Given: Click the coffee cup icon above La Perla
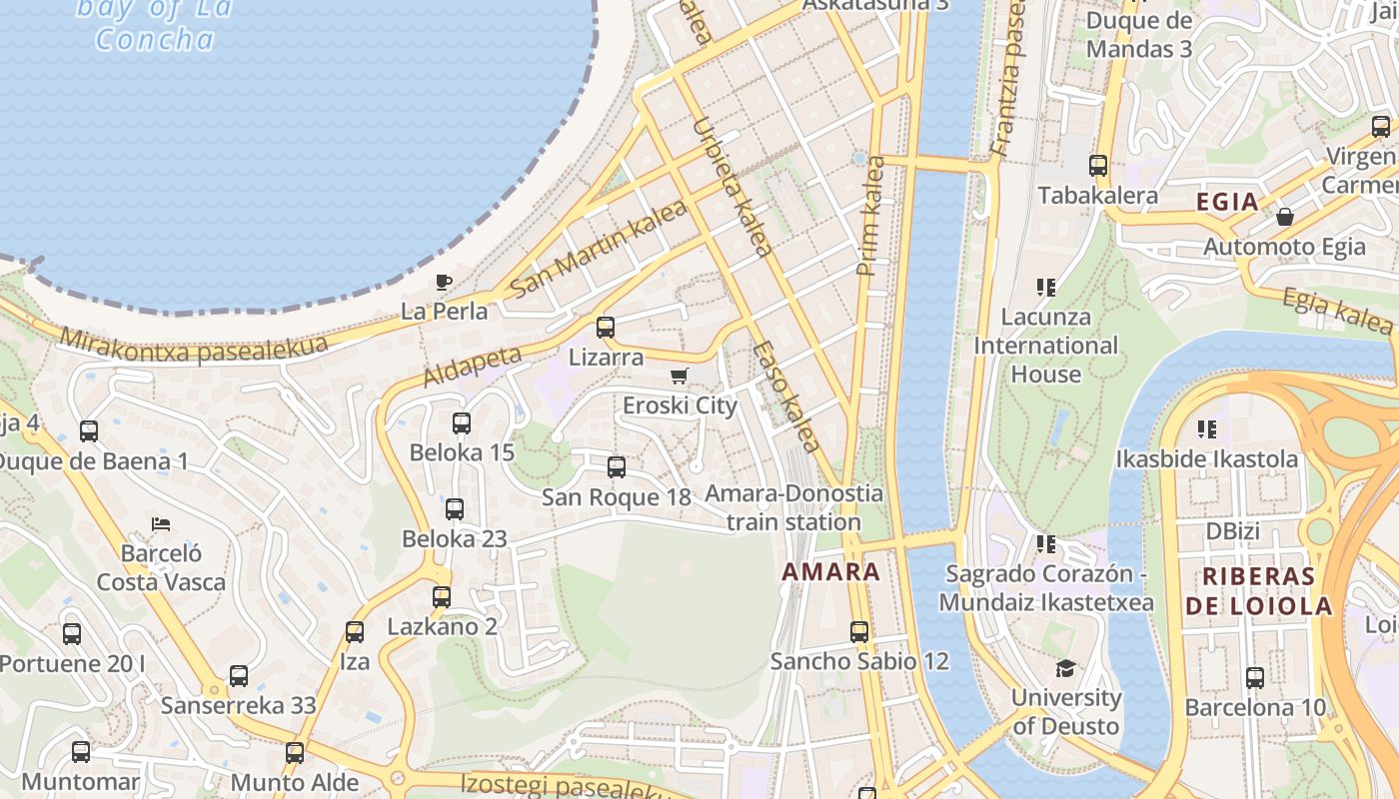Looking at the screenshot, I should (444, 282).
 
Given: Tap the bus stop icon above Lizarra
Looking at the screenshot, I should (605, 327).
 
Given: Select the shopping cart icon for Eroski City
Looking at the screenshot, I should (680, 377).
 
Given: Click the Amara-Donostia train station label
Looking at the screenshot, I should (793, 507).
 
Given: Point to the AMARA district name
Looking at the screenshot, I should (831, 572).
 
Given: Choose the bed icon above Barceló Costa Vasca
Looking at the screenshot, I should (161, 523).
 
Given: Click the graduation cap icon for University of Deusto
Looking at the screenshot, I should (1065, 668).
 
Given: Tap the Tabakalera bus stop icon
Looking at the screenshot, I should (1098, 166).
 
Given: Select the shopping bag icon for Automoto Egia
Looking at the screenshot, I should (1285, 216).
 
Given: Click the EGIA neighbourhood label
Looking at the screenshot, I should (1227, 202).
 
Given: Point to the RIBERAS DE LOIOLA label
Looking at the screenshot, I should (1258, 591).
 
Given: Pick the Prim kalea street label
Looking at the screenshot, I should (870, 216).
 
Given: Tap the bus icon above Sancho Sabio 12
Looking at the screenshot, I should (859, 631).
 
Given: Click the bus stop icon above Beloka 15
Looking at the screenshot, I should (461, 422).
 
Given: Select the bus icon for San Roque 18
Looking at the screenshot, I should (617, 466).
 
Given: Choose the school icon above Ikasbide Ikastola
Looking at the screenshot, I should (1207, 429).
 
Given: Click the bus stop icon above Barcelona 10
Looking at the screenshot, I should (1255, 677).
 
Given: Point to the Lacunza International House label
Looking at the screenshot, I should (1046, 346).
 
